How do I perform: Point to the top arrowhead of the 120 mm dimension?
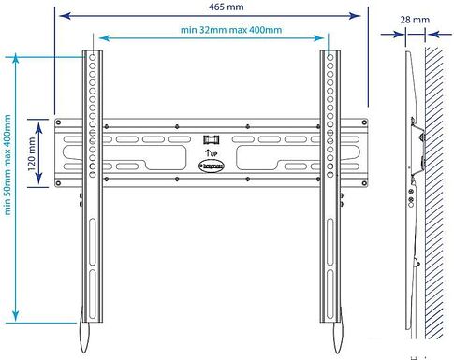(40, 121)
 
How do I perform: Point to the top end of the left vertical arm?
(93, 51)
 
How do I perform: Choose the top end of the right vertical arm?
(330, 51)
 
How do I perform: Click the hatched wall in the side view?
(436, 187)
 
